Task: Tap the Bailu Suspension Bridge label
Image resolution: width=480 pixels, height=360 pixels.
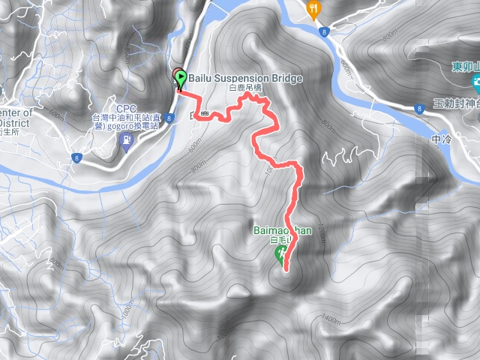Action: click(x=245, y=78)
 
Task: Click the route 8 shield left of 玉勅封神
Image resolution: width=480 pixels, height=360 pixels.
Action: click(x=418, y=108)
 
